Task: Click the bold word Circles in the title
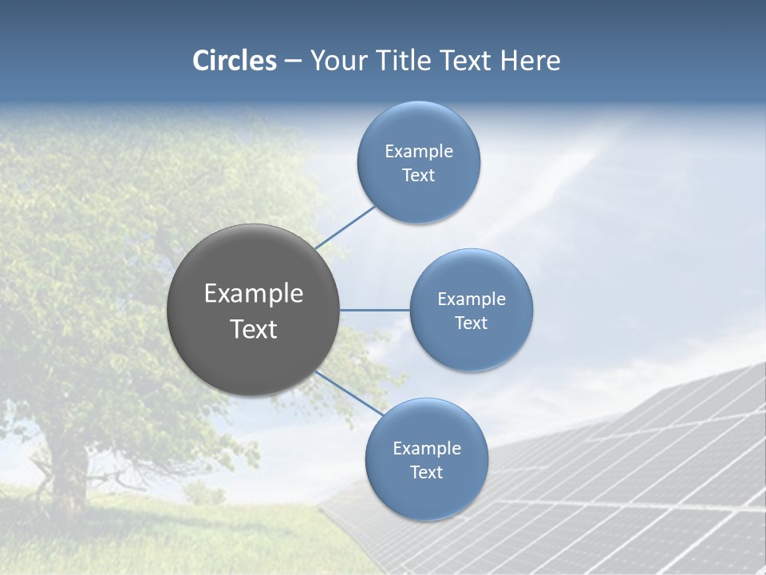point(235,61)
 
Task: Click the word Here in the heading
point(530,61)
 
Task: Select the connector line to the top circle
point(345,228)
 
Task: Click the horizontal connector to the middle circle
point(375,310)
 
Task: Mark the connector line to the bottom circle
point(349,393)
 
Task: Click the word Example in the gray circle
point(254,294)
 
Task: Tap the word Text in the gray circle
point(254,329)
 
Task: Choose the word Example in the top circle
point(419,152)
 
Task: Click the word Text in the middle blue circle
point(471,323)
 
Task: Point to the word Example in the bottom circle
point(426,449)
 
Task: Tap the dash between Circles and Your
point(292,61)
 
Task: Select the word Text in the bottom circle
point(426,473)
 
